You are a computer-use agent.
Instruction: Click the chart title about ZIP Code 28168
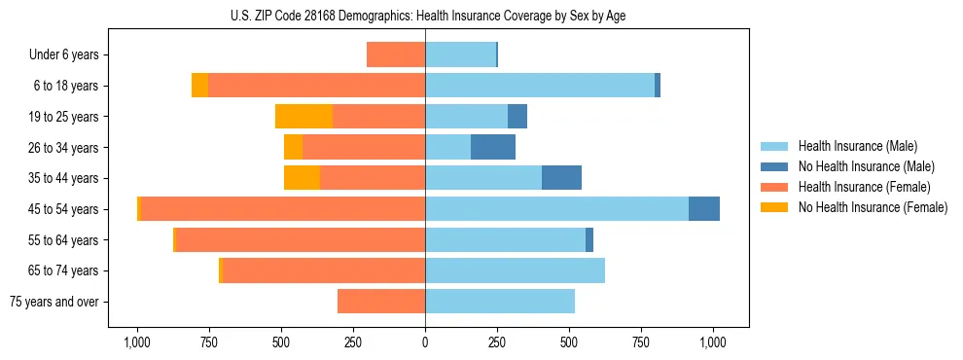click(x=425, y=15)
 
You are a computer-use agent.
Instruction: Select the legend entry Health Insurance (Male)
click(x=857, y=146)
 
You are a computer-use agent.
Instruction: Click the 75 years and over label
click(x=54, y=302)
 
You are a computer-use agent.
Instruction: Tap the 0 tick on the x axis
click(x=425, y=342)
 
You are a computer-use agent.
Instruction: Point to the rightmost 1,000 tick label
click(x=713, y=342)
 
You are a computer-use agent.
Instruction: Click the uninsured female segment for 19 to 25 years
click(x=303, y=117)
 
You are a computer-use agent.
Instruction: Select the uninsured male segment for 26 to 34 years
click(x=493, y=147)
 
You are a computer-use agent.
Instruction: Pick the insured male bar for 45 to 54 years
click(x=556, y=209)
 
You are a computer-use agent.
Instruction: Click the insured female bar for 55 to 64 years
click(x=300, y=239)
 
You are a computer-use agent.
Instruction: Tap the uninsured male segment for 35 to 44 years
click(x=561, y=178)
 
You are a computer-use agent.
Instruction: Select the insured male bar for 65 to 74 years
click(x=515, y=270)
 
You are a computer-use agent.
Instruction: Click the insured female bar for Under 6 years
click(x=396, y=55)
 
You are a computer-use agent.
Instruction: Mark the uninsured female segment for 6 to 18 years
click(x=199, y=86)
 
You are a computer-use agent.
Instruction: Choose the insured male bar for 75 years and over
click(x=500, y=302)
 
